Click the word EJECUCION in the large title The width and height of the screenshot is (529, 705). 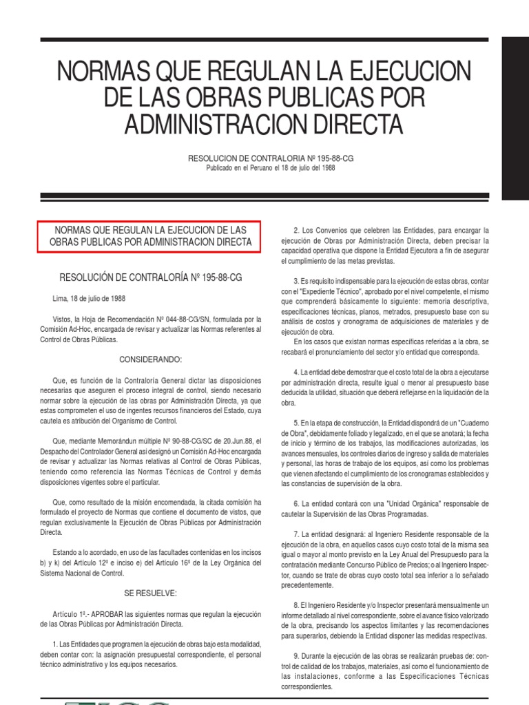click(407, 72)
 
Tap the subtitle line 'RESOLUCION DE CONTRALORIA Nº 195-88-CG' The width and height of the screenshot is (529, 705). click(265, 158)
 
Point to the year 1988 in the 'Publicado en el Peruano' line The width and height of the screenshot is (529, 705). click(327, 168)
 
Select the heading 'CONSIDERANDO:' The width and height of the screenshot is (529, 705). click(150, 360)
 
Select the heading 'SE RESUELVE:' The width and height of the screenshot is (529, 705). click(150, 593)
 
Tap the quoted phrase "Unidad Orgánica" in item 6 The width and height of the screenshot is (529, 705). click(386, 504)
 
